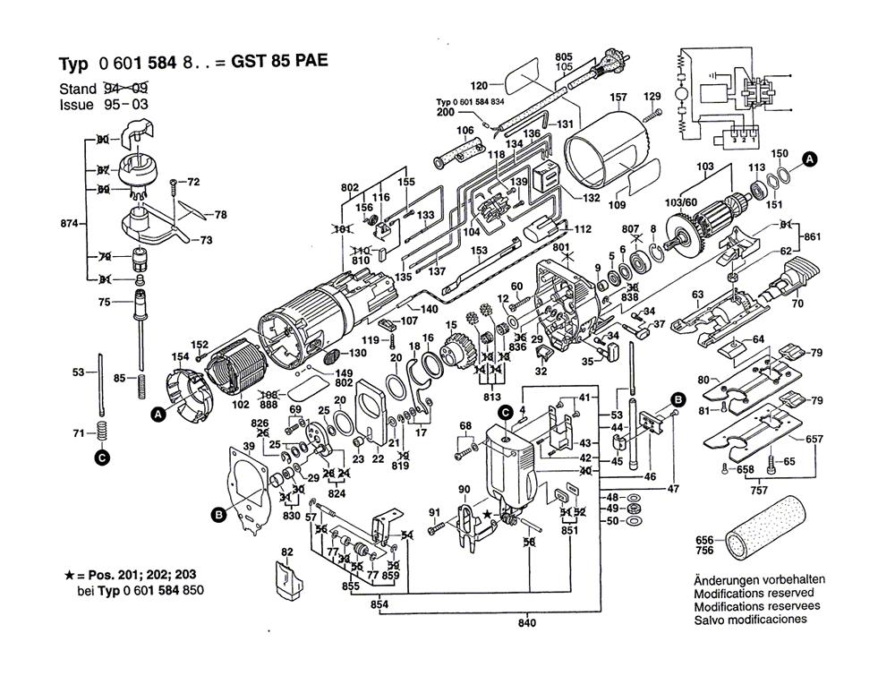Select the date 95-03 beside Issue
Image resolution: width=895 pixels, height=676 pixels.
[126, 104]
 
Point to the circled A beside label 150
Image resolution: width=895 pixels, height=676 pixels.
[809, 159]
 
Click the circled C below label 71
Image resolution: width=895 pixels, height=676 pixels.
[101, 458]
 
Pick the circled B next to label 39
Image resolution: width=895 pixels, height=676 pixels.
[217, 514]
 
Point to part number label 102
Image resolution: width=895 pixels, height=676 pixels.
[240, 404]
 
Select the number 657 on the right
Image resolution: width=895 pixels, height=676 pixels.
[814, 439]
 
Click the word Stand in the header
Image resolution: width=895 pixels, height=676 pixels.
[77, 89]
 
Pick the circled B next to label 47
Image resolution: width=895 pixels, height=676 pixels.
[678, 398]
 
